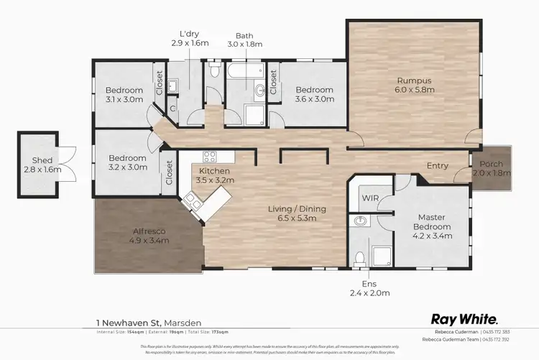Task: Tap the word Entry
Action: point(438,166)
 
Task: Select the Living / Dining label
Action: point(297,213)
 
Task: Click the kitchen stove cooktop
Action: point(210,156)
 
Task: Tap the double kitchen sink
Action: point(192,202)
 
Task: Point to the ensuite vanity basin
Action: point(359,222)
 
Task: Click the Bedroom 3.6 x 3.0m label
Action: point(315,94)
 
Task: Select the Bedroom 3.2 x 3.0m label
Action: point(127,162)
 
